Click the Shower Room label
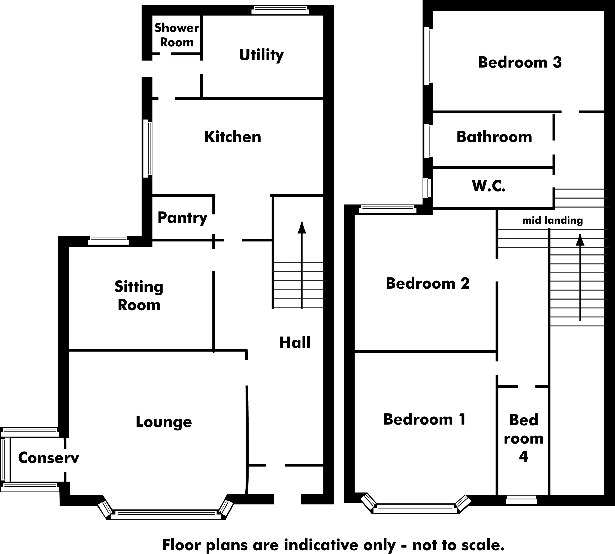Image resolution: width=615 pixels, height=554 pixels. (177, 35)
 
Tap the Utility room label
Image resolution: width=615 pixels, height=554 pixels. (261, 55)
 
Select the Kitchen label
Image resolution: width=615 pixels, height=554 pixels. (233, 137)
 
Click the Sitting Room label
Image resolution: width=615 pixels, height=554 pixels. (139, 295)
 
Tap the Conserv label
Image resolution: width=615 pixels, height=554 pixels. (48, 458)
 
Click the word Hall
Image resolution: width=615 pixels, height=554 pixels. (295, 343)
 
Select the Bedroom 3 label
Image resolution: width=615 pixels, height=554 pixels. (520, 62)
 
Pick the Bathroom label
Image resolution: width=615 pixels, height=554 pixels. (494, 137)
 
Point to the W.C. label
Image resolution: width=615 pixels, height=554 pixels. (489, 186)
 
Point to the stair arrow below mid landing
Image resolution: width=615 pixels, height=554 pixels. (580, 277)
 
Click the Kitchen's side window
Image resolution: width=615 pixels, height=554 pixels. (148, 148)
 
